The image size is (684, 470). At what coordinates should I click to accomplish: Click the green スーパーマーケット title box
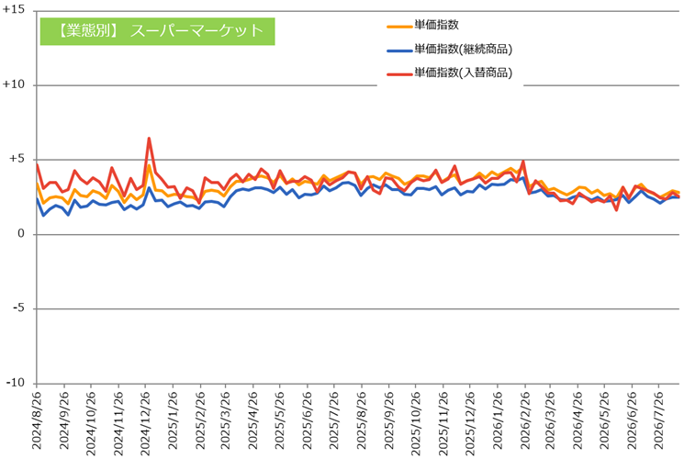[x=158, y=31]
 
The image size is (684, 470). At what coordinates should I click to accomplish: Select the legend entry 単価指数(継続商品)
[x=449, y=50]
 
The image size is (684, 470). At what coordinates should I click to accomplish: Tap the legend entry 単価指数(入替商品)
[x=449, y=73]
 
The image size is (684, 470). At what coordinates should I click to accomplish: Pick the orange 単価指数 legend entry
[x=422, y=26]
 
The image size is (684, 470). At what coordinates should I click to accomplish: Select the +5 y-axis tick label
[x=17, y=159]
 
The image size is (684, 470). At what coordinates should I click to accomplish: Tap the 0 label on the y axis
[x=21, y=234]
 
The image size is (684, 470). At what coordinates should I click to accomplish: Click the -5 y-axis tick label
[x=18, y=308]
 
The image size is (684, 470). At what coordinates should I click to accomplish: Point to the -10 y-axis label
[x=16, y=383]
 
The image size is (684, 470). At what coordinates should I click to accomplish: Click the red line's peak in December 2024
[x=149, y=139]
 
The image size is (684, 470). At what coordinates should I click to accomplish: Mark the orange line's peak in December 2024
[x=149, y=165]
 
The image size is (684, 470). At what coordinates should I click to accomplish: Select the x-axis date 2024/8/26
[x=37, y=420]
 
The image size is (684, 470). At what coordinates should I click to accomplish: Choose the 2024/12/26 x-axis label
[x=145, y=422]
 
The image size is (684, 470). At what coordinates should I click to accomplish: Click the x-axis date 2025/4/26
[x=253, y=420]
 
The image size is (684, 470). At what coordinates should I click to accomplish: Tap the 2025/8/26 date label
[x=362, y=420]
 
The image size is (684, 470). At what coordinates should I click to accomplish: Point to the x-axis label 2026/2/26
[x=525, y=420]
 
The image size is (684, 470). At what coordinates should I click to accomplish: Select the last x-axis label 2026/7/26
[x=659, y=420]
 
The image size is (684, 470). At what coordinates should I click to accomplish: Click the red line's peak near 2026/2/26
[x=523, y=161]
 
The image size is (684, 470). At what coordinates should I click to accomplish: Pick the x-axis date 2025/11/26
[x=443, y=422]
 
